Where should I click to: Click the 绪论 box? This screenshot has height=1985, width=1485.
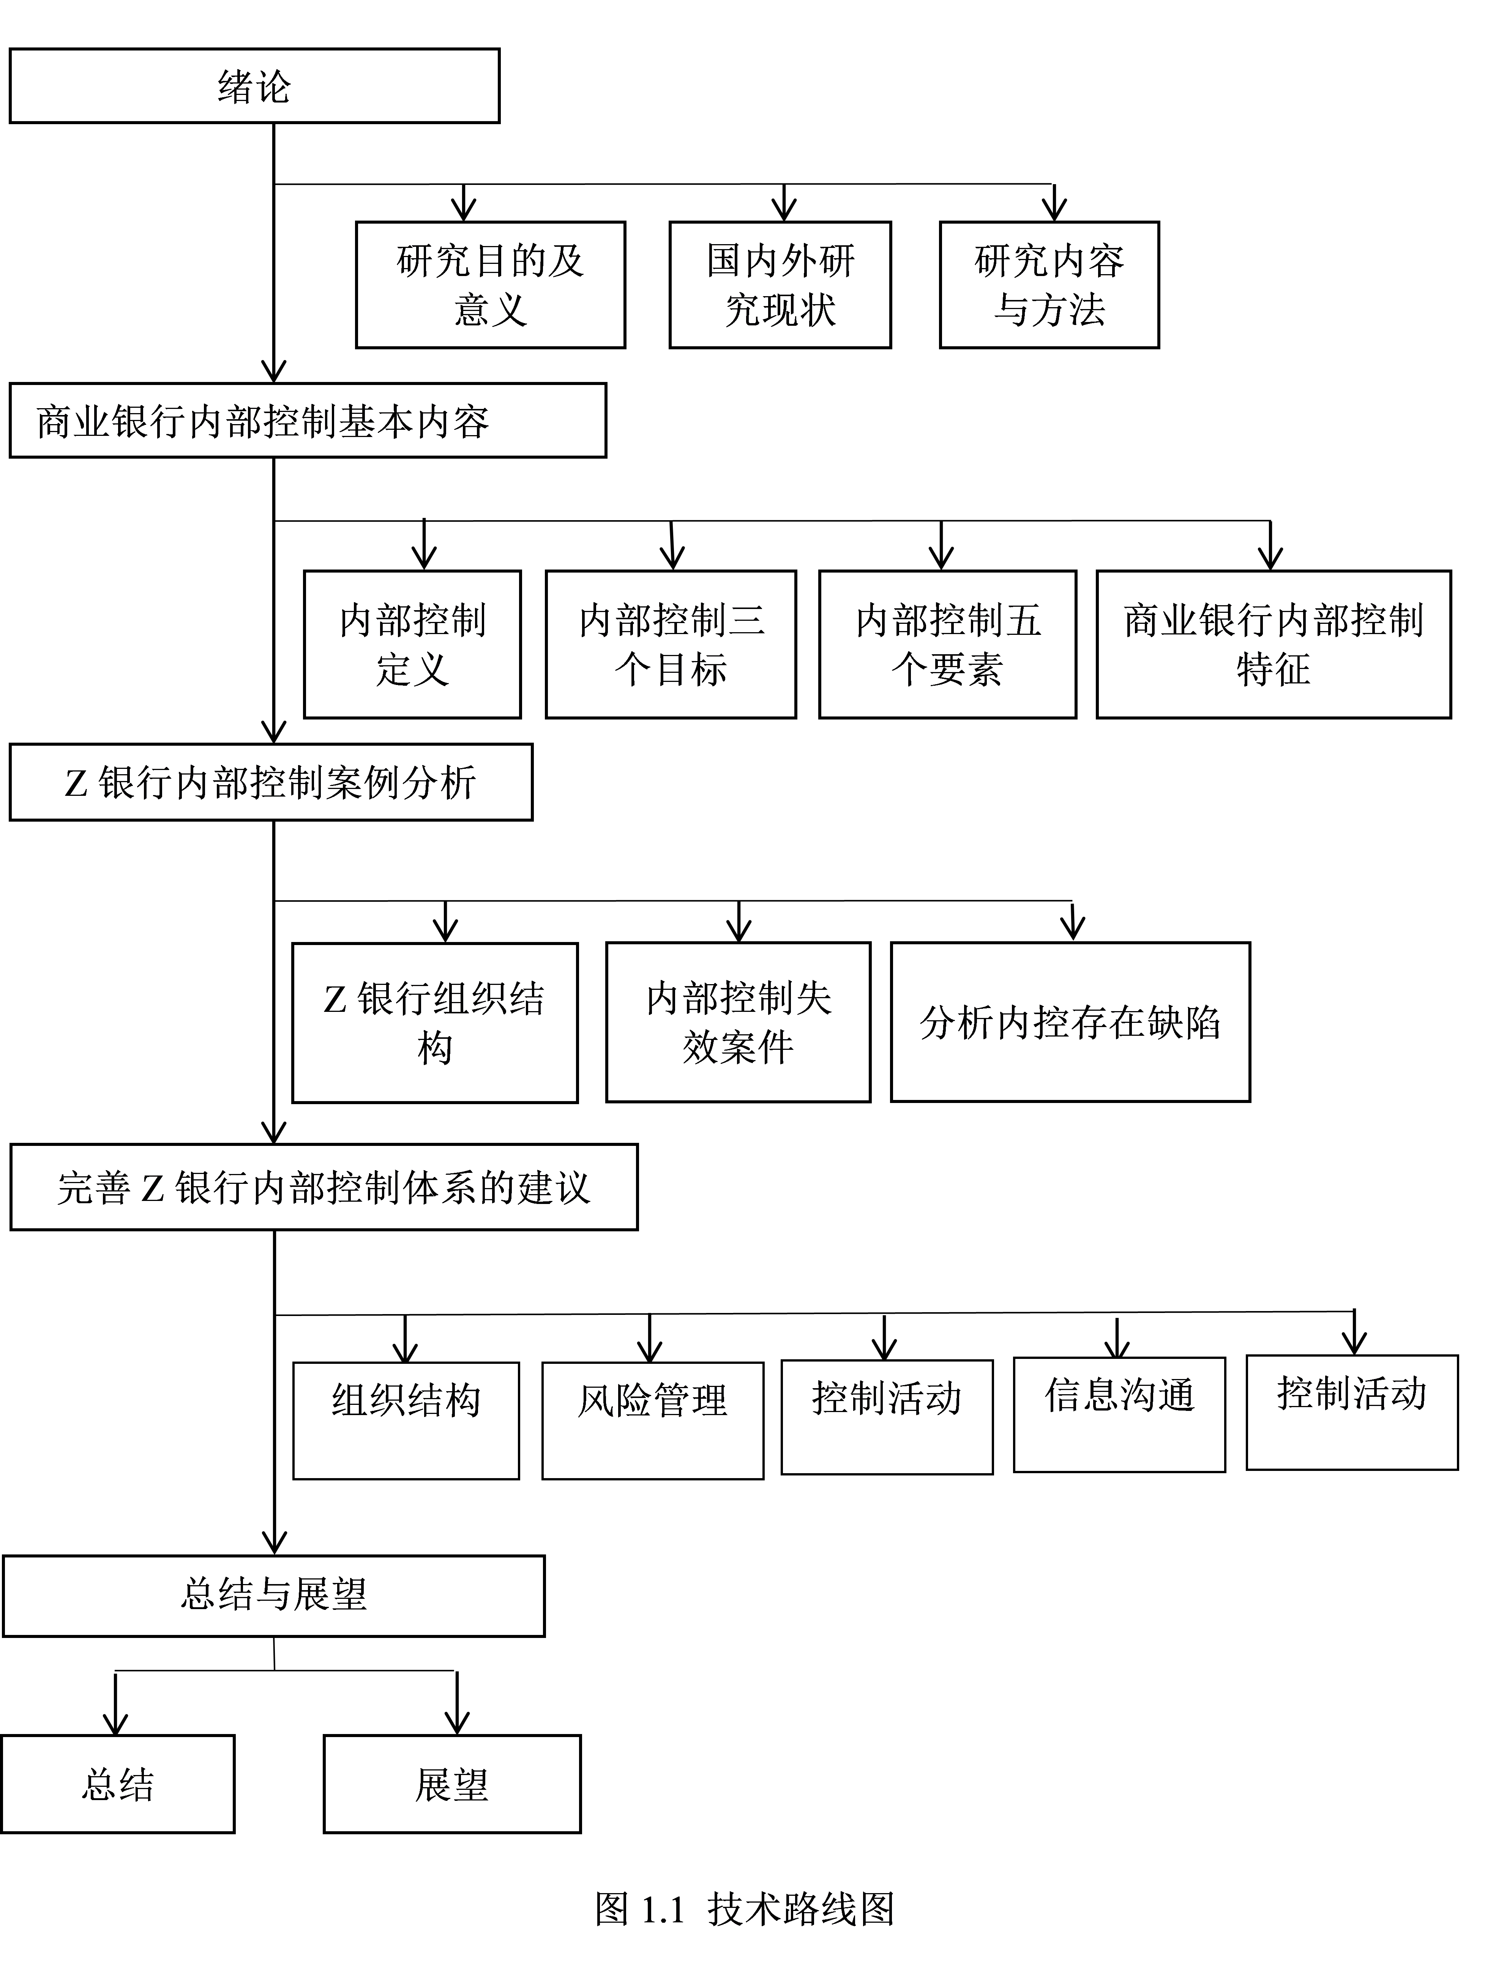click(x=254, y=86)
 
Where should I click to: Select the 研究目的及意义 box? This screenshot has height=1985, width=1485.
click(x=490, y=284)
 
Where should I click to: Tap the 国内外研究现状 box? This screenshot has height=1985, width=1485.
click(x=780, y=284)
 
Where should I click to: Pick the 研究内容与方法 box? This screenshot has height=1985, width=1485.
click(x=1049, y=284)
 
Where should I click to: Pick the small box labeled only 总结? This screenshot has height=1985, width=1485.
click(x=118, y=1784)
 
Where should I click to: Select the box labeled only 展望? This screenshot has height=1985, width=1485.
click(x=451, y=1784)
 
